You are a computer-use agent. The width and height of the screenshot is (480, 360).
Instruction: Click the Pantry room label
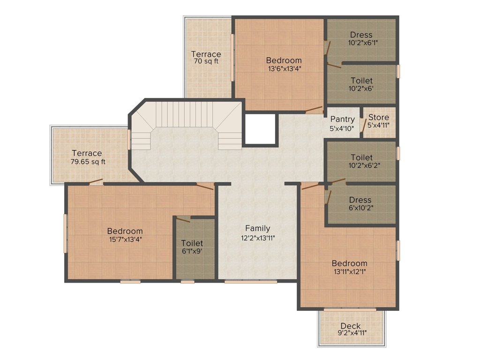[343, 119]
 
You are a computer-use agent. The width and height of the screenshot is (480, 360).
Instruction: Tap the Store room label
[379, 117]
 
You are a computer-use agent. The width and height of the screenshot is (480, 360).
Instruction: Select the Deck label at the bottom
[351, 326]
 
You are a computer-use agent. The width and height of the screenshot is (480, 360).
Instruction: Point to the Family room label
[258, 228]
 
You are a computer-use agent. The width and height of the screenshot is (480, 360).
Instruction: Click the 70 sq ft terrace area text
[206, 61]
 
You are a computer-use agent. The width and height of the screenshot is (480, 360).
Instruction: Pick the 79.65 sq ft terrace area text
[88, 162]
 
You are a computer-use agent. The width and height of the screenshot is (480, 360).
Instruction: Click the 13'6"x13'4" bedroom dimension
[285, 68]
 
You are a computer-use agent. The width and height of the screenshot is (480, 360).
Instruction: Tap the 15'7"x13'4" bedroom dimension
[126, 239]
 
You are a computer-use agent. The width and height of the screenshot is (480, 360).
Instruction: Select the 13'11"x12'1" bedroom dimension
[349, 271]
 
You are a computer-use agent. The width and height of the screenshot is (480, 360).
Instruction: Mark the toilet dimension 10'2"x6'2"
[361, 165]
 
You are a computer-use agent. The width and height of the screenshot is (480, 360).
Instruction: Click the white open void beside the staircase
[261, 129]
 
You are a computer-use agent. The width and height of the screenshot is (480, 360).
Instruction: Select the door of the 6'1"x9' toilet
[184, 219]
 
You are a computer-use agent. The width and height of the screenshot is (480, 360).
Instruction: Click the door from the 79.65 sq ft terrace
[96, 182]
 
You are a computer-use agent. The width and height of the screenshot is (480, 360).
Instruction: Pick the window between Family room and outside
[251, 281]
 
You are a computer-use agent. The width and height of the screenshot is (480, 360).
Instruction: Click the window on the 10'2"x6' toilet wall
[398, 71]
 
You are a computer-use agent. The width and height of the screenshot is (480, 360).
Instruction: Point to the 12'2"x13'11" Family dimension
[258, 238]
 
